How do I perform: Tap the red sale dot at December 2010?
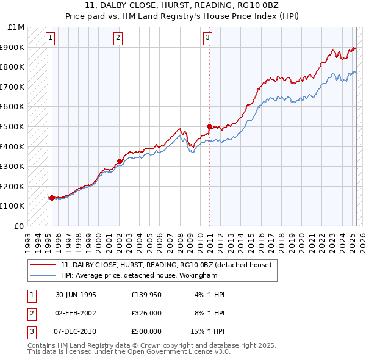(x=209, y=126)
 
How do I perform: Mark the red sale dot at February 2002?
(x=120, y=161)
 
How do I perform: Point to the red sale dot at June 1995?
(x=52, y=198)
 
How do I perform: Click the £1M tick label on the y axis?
(x=16, y=27)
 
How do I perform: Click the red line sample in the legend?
(x=43, y=265)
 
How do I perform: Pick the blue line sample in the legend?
(x=43, y=275)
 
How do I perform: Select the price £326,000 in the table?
(x=146, y=313)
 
